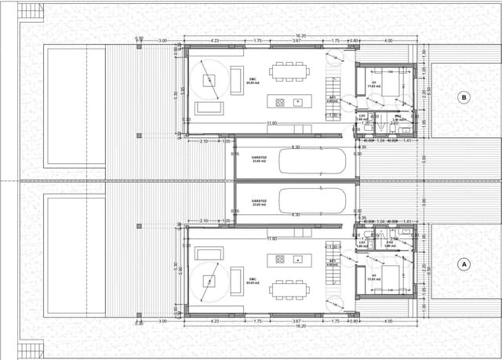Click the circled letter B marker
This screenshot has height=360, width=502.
[464, 98]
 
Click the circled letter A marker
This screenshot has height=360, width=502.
[464, 264]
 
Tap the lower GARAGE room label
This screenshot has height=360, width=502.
[259, 202]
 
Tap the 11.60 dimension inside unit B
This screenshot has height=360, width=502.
[271, 123]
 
